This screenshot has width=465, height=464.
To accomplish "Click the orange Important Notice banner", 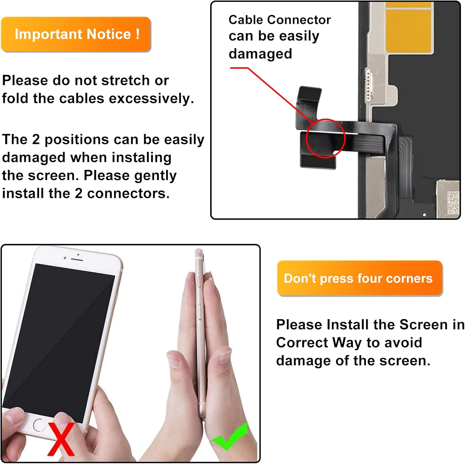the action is click(76, 34).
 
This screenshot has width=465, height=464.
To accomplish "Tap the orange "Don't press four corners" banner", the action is click(360, 278).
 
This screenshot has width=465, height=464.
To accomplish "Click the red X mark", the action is click(61, 439).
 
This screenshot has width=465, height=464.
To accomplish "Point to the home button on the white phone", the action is click(39, 425).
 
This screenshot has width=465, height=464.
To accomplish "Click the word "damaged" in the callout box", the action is click(260, 54).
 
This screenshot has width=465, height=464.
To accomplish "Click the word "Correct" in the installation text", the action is click(302, 343).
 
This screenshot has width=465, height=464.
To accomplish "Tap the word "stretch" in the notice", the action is click(126, 81).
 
